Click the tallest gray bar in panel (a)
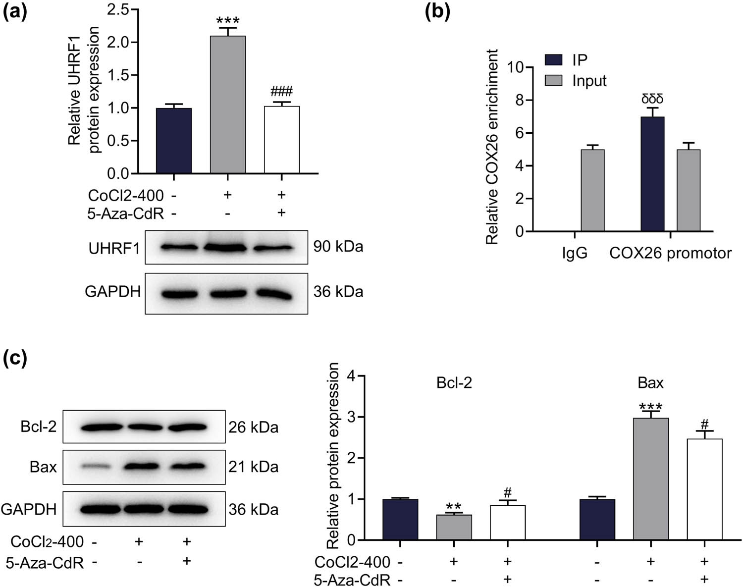tap(227, 105)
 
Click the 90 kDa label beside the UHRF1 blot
tap(338, 247)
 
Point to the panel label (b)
tap(437, 11)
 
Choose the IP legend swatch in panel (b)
tap(553, 60)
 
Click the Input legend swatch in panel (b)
tap(553, 80)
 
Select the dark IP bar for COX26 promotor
tap(652, 174)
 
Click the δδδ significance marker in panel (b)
tap(652, 98)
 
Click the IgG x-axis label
tap(575, 253)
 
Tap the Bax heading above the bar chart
tap(650, 383)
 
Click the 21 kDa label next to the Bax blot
tap(253, 467)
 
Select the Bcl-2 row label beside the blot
tap(39, 427)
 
